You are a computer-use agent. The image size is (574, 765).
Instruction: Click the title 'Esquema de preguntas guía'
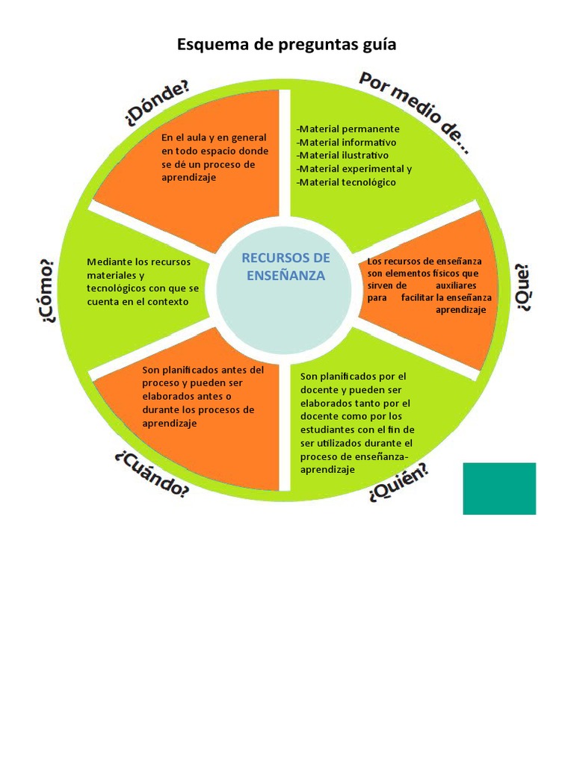[286, 45]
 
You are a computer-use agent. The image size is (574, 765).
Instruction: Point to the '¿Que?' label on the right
[522, 288]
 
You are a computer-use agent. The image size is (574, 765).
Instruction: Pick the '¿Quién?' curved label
[398, 482]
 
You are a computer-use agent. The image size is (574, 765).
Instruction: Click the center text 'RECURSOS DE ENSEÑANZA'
[286, 266]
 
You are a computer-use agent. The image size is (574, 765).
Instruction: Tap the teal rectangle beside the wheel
[499, 489]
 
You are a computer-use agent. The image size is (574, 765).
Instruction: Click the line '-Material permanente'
[348, 128]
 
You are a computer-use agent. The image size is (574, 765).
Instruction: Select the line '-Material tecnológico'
[346, 182]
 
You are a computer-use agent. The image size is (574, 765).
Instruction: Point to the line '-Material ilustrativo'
[342, 155]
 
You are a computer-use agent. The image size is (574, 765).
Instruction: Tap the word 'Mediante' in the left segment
[108, 261]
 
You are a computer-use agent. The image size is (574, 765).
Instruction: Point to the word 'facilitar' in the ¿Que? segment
[416, 297]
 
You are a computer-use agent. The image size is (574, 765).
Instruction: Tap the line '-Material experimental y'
[354, 169]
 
